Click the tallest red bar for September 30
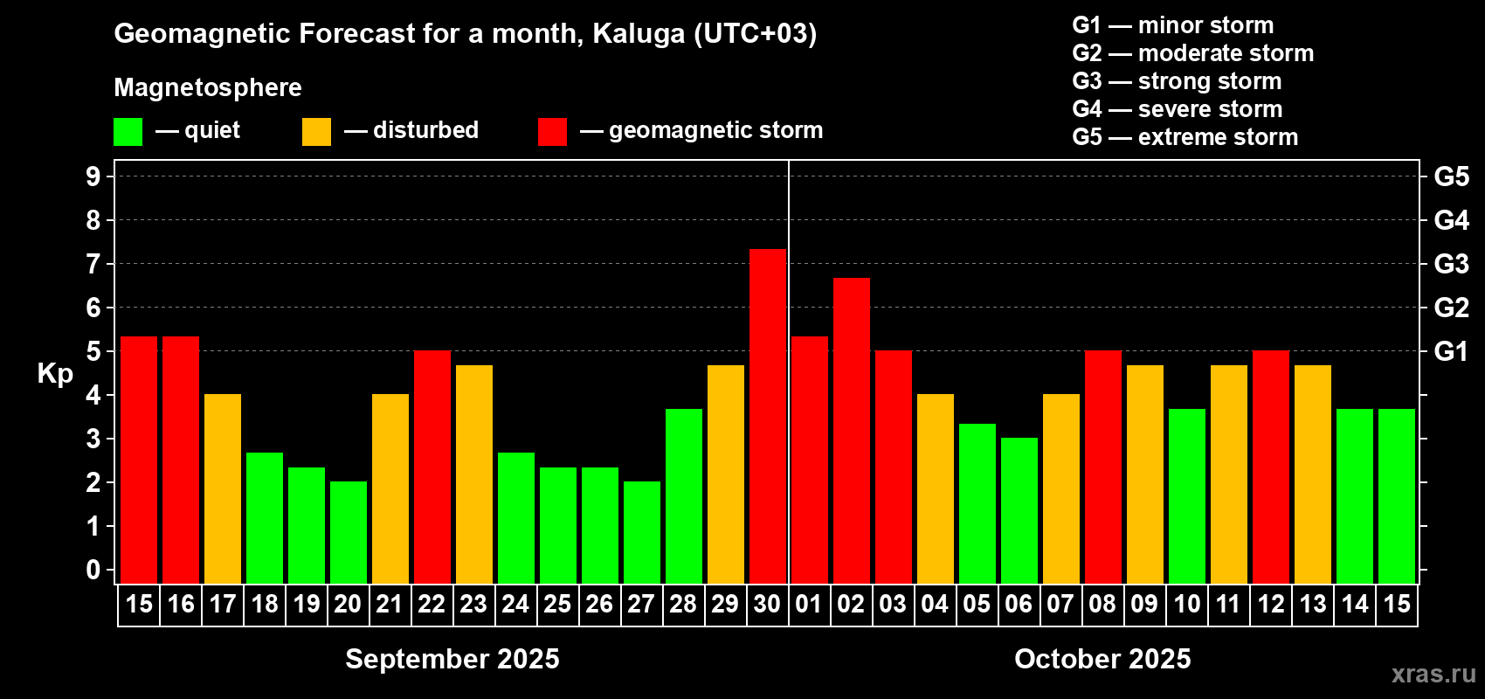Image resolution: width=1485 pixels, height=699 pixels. point(768,416)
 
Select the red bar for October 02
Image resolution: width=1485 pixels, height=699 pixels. point(851,431)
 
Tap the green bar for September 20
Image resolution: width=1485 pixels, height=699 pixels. point(349,532)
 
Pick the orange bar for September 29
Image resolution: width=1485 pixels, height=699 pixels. point(726,474)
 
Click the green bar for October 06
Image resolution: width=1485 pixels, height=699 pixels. point(1019,510)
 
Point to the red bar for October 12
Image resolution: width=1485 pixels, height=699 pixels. point(1271,467)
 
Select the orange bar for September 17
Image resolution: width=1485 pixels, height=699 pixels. point(223,488)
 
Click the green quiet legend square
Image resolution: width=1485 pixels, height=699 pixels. point(128,131)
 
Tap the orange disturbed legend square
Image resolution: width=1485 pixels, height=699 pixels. point(316,131)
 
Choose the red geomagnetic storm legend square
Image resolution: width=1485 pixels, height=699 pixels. point(552,131)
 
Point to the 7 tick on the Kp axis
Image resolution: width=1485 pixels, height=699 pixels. point(93,264)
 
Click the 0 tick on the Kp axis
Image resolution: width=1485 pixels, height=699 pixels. point(93,570)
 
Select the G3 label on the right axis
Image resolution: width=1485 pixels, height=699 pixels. point(1451,264)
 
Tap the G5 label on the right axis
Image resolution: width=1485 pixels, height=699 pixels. point(1451,176)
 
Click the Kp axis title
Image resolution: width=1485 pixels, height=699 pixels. point(55,374)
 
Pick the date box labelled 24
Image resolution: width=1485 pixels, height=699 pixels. point(515,605)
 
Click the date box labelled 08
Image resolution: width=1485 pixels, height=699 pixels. point(1103,605)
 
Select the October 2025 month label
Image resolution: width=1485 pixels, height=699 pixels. point(1102,659)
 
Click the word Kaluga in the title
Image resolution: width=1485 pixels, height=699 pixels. point(639,34)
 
